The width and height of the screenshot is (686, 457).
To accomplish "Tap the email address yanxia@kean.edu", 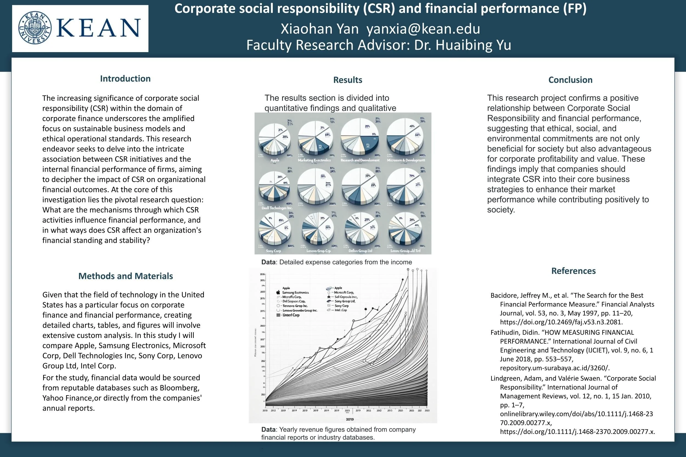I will click(423, 29).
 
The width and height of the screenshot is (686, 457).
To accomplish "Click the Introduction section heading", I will click(125, 79).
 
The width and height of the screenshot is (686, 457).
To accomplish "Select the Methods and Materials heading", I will click(125, 276).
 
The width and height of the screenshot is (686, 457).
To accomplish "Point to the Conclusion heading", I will click(570, 80).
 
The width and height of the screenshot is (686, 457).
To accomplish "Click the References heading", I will click(573, 271).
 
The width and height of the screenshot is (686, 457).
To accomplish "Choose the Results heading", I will click(347, 80).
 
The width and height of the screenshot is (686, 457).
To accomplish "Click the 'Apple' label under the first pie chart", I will click(275, 160).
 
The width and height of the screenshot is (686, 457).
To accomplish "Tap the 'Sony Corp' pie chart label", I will click(273, 251).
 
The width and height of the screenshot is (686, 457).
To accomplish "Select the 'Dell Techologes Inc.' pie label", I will click(277, 208).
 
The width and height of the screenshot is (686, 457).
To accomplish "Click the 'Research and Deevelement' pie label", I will click(360, 160).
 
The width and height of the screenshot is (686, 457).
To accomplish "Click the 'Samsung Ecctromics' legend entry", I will click(295, 292).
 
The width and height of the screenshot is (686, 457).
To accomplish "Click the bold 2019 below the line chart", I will click(350, 419).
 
